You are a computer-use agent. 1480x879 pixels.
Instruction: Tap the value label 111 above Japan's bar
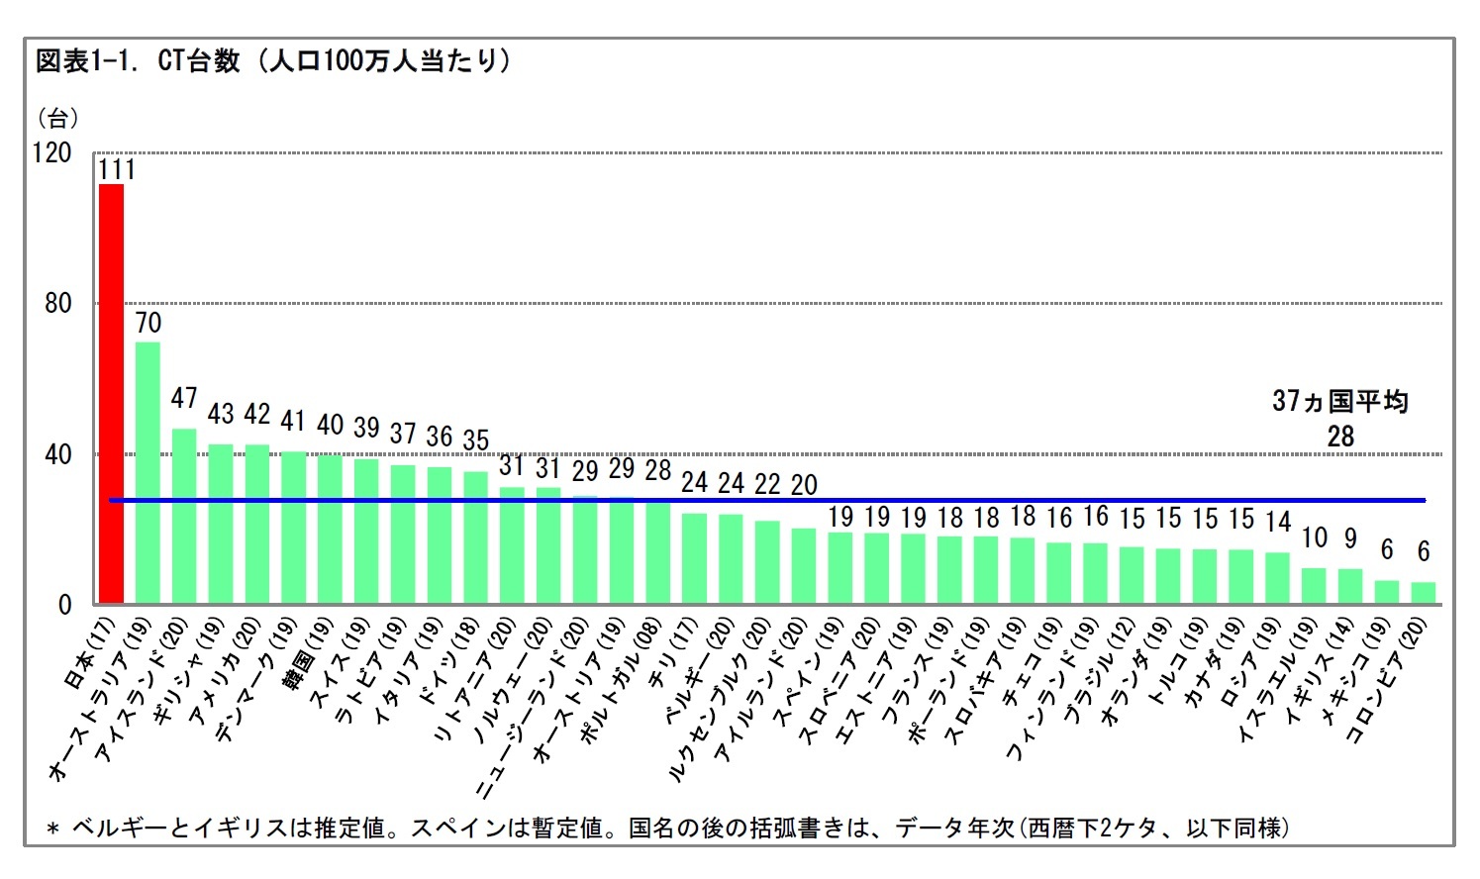click(116, 169)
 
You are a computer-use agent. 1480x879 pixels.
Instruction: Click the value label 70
click(148, 323)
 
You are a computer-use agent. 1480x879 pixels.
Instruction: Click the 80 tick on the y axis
click(58, 304)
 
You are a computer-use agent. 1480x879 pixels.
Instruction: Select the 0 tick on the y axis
click(65, 605)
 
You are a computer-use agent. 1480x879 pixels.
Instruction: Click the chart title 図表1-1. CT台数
click(139, 61)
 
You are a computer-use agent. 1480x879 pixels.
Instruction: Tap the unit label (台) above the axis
click(57, 119)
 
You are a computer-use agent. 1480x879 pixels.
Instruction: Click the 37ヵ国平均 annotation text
click(1339, 401)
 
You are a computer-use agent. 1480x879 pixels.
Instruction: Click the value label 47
click(184, 398)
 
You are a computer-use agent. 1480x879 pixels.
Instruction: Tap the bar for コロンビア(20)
click(1423, 593)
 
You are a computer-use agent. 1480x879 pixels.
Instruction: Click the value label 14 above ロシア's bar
click(1278, 521)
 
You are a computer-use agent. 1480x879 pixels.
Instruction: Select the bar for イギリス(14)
click(1350, 586)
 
